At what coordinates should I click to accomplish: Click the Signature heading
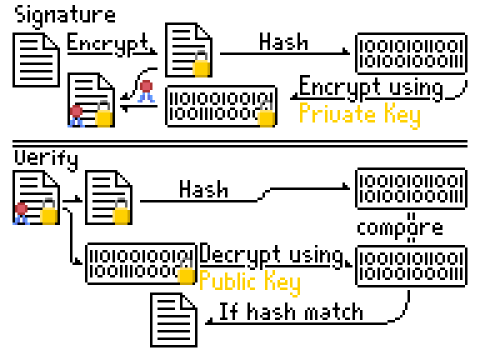pos(66,15)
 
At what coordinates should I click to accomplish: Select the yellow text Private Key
pos(359,115)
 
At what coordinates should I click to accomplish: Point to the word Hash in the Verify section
pos(204,189)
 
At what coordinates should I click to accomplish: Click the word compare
pos(400,227)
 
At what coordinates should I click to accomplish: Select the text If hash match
pos(291,311)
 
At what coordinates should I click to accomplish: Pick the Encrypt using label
pos(371,87)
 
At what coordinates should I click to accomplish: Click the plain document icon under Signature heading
pos(36,59)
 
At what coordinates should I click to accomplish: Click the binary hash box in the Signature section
pos(411,54)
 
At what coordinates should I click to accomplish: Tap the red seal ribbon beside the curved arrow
pos(147,91)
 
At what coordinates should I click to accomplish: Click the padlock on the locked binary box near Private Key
pos(267,116)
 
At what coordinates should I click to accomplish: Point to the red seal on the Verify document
pos(22,211)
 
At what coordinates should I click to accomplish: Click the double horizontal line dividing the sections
pos(240,143)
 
